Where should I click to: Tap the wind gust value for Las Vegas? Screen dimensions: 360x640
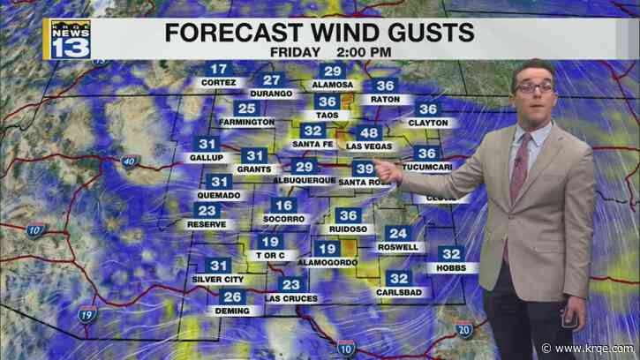(x=369, y=132)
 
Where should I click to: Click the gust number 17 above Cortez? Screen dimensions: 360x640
(x=217, y=70)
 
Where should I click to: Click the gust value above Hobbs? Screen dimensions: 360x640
(x=451, y=254)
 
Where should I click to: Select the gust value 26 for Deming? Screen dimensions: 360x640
(x=233, y=297)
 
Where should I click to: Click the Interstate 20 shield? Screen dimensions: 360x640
(x=464, y=329)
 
